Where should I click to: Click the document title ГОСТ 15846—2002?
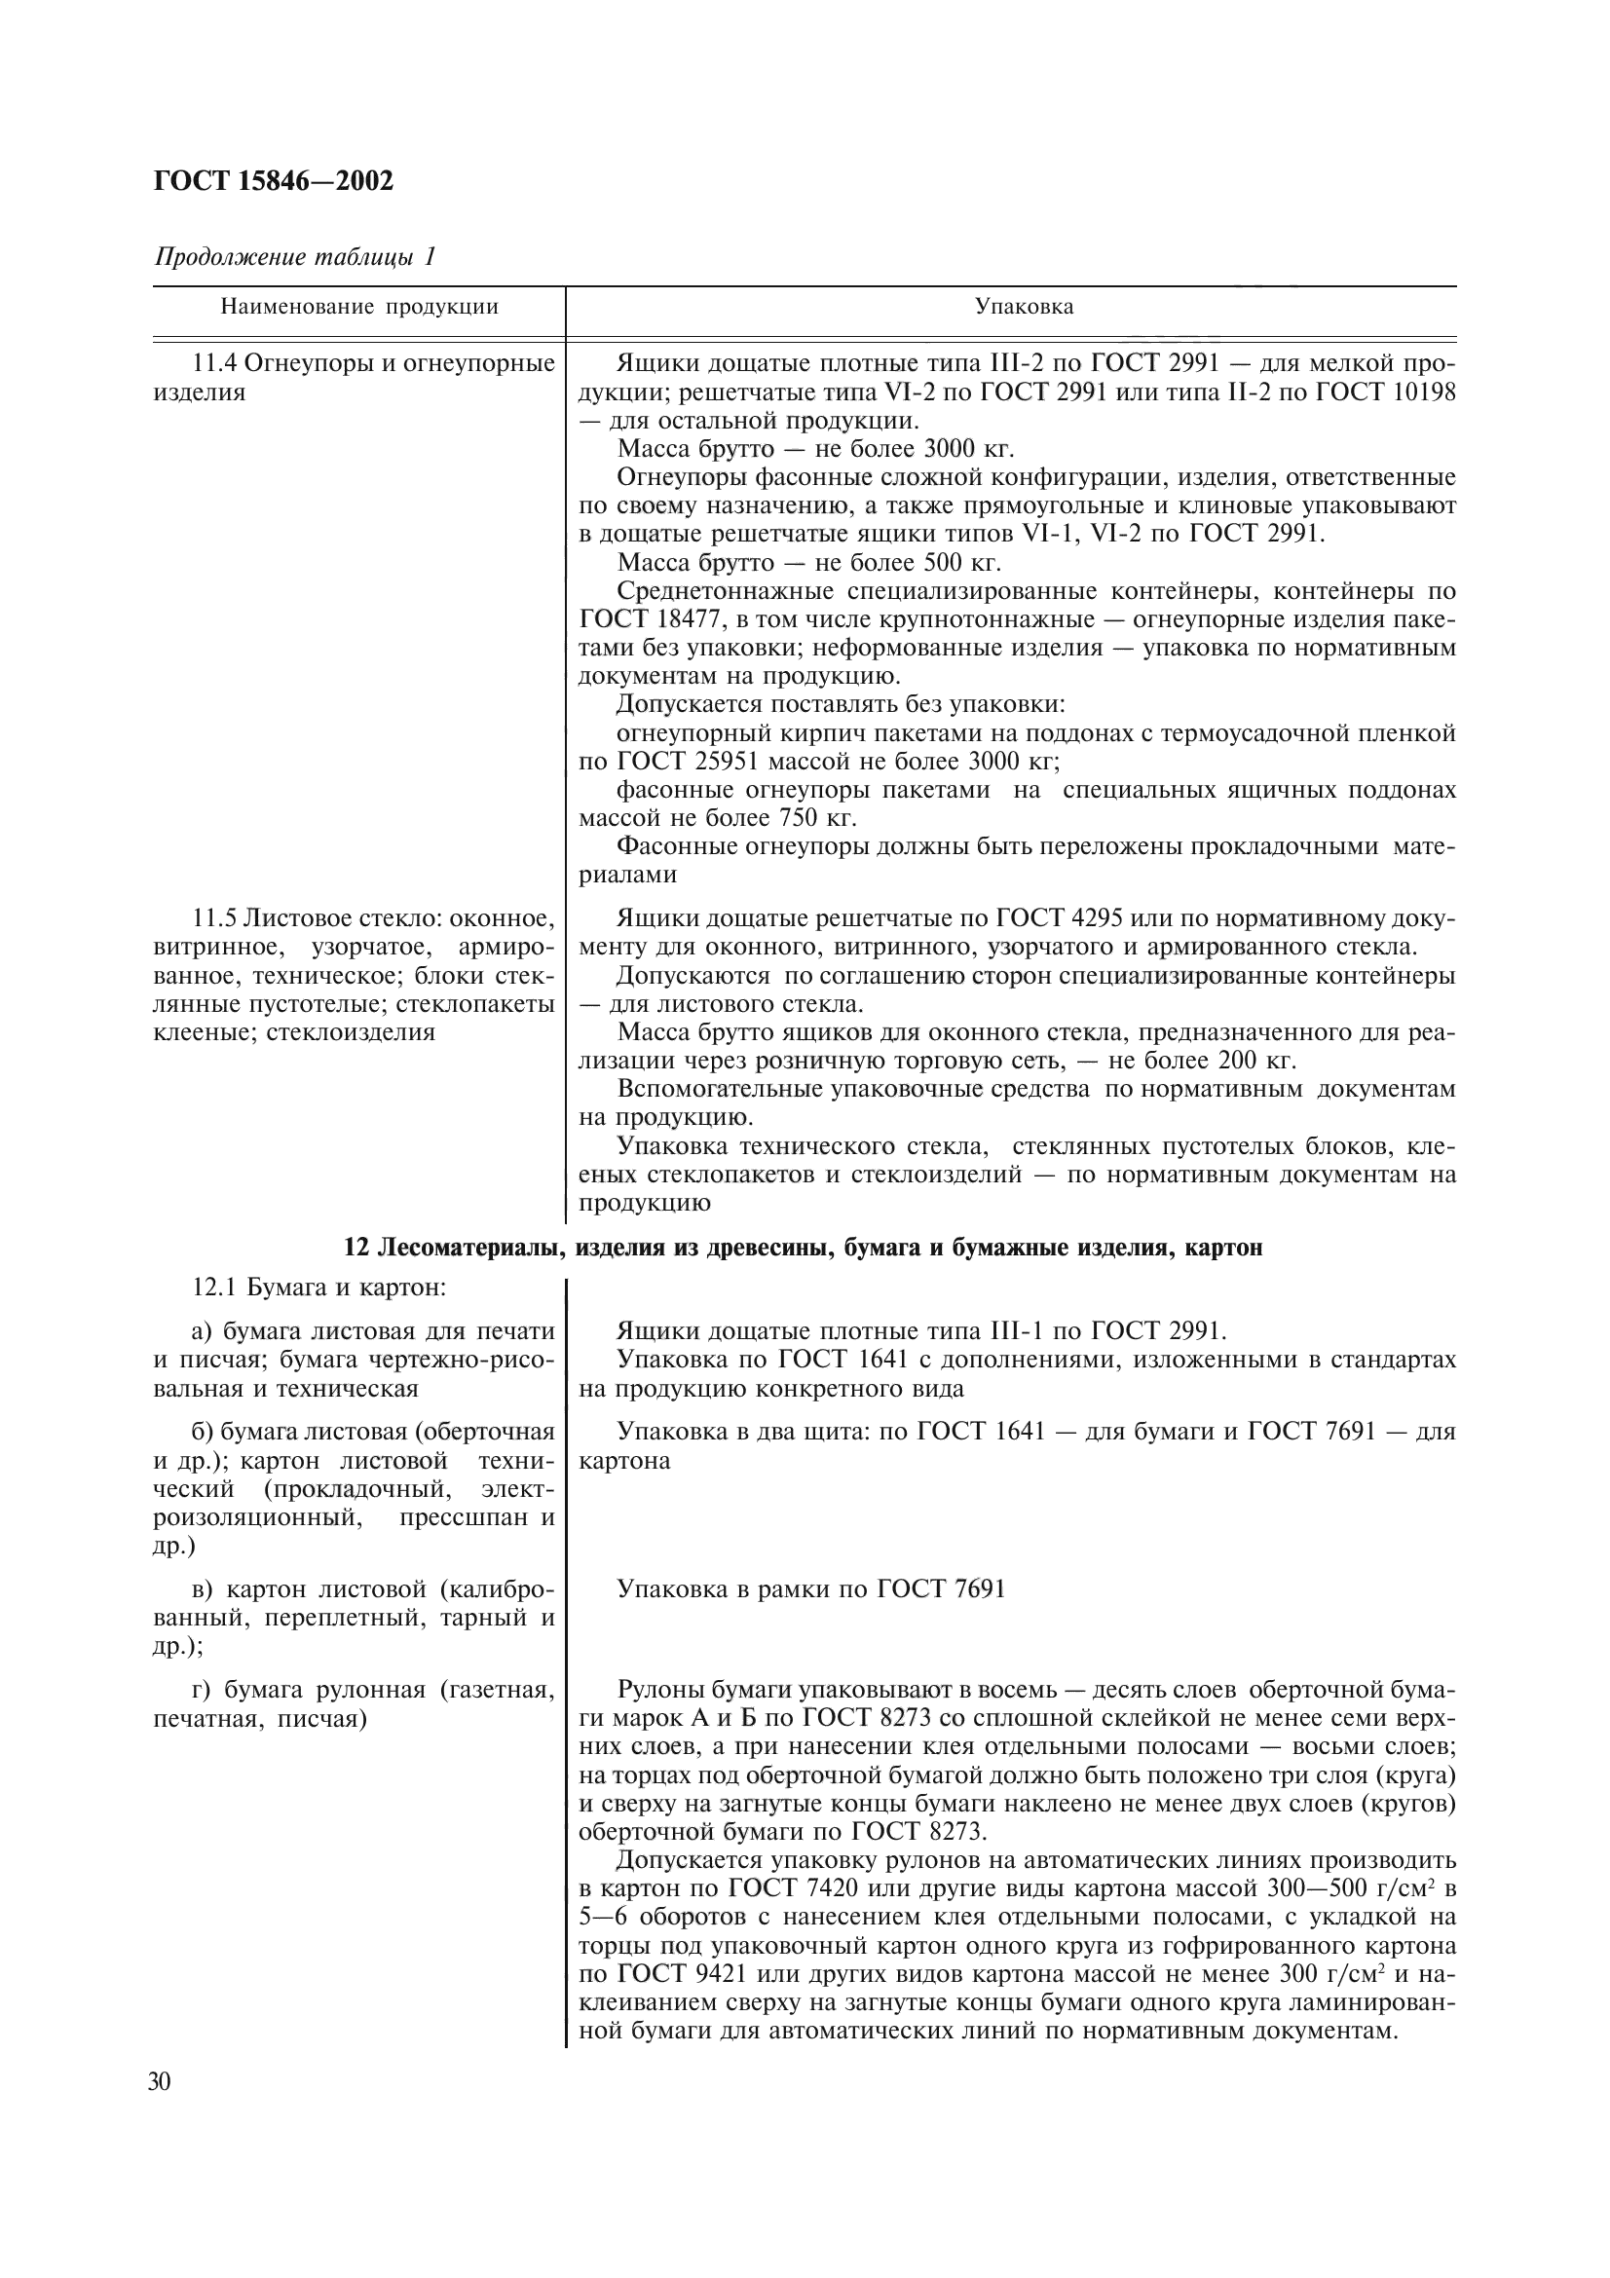(x=273, y=180)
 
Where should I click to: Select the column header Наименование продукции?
(x=359, y=307)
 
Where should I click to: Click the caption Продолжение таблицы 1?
(x=294, y=257)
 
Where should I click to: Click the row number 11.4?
(x=214, y=363)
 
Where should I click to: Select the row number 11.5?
(x=214, y=917)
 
